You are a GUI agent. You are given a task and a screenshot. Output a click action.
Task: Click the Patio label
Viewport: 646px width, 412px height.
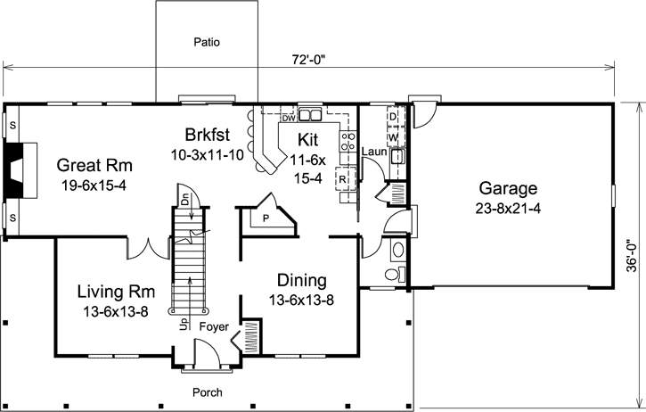pyautogui.click(x=207, y=41)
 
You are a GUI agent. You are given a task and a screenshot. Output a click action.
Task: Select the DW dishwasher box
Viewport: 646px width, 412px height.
pyautogui.click(x=288, y=117)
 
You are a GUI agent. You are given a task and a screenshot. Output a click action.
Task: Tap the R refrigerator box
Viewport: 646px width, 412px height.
pyautogui.click(x=343, y=179)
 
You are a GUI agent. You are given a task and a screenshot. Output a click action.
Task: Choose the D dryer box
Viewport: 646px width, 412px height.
pyautogui.click(x=393, y=117)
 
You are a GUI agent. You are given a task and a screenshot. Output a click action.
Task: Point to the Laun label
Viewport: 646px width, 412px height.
pyautogui.click(x=372, y=152)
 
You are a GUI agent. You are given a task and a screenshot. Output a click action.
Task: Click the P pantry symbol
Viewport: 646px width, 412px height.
pyautogui.click(x=266, y=215)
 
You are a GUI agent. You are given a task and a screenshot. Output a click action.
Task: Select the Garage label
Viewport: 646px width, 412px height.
pyautogui.click(x=508, y=188)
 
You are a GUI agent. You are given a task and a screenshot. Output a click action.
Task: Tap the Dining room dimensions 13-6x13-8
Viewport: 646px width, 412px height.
pyautogui.click(x=301, y=300)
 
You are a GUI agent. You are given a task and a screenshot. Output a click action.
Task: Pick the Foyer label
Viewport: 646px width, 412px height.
pyautogui.click(x=214, y=326)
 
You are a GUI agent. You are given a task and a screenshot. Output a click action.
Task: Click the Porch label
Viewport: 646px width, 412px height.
pyautogui.click(x=208, y=392)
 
